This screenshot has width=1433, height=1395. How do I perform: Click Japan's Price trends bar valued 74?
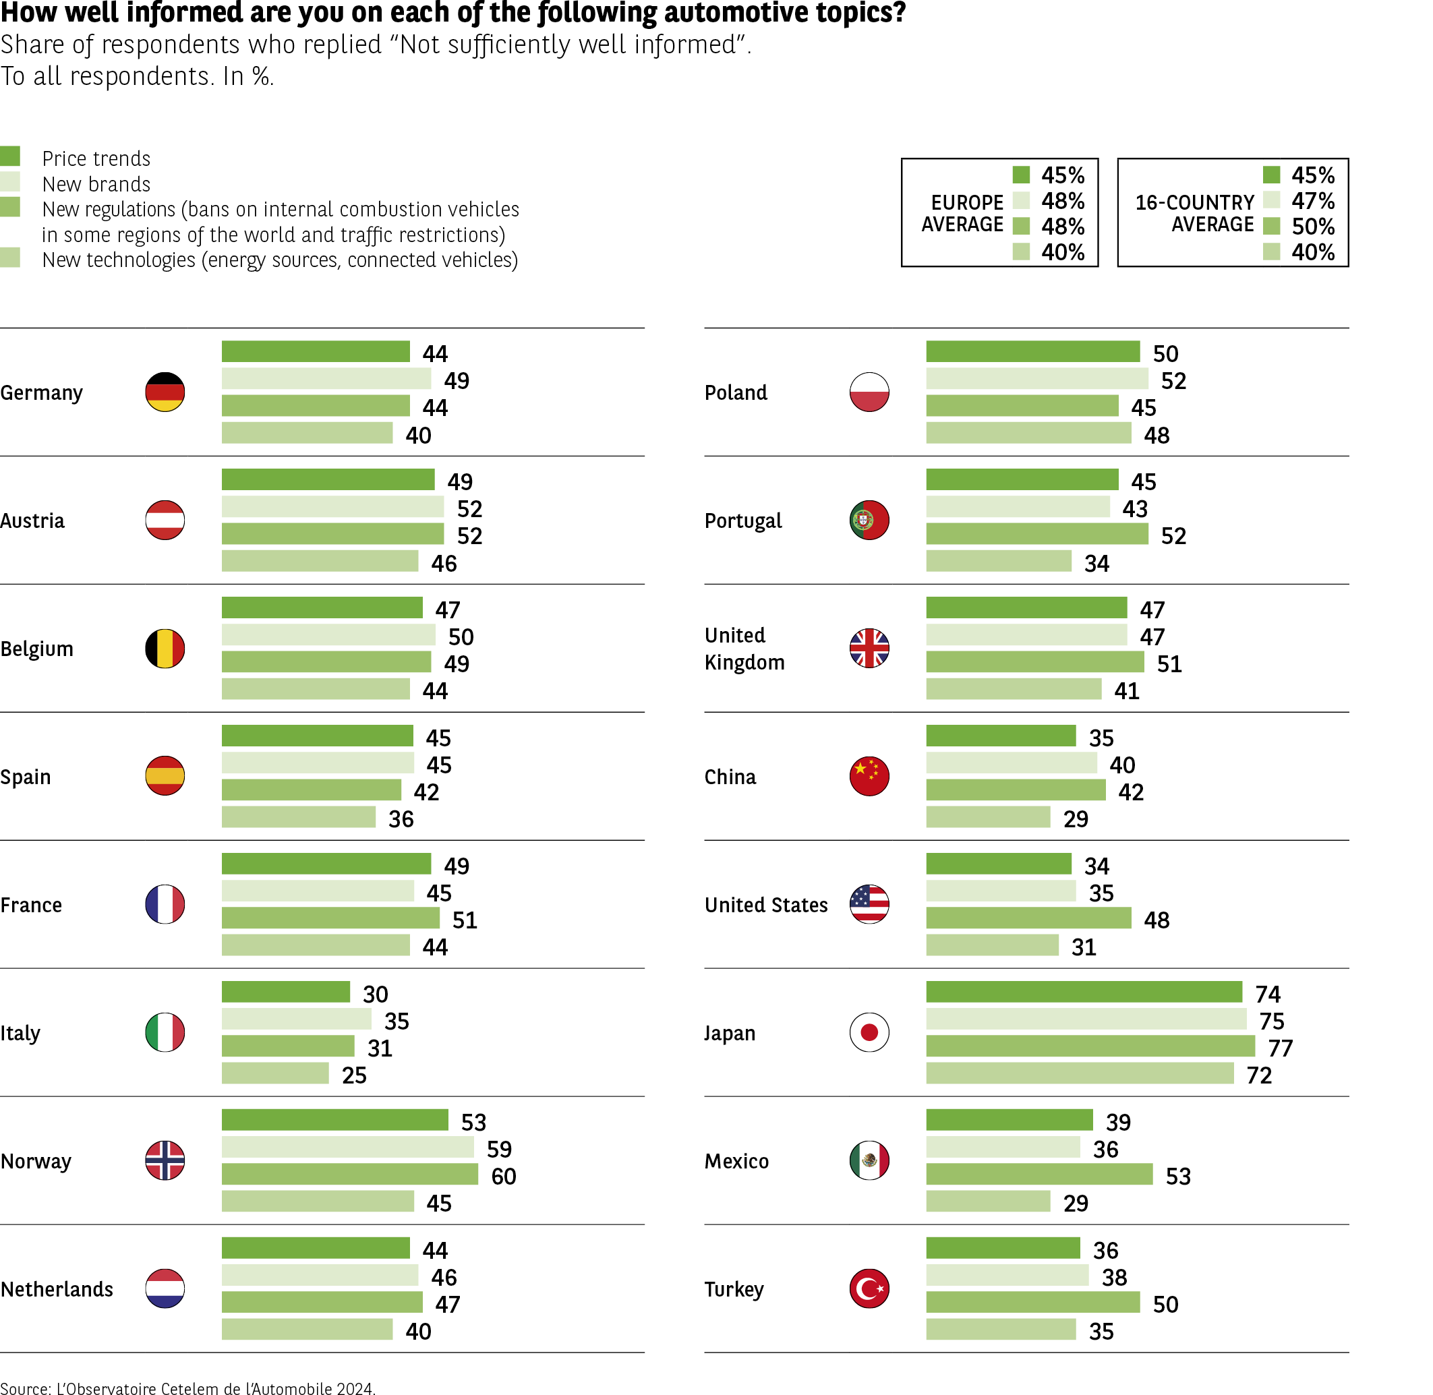point(1084,992)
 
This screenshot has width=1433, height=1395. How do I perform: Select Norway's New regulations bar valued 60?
point(349,1175)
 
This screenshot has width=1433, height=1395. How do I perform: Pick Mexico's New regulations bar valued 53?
point(1039,1175)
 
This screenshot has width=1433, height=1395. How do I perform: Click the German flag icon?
point(165,392)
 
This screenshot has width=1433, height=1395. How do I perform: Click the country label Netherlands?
point(57,1290)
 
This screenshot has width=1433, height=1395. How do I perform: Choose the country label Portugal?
point(743,521)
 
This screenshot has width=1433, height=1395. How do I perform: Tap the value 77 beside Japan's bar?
point(1280,1048)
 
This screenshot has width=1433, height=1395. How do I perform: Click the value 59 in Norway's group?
point(499,1150)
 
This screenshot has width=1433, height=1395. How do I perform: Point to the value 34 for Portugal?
point(1096,564)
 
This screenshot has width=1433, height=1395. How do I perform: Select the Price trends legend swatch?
point(10,156)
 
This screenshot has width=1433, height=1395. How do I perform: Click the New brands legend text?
point(96,184)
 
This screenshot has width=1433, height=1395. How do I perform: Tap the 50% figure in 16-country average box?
point(1313,227)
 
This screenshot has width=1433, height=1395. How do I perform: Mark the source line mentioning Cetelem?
point(187,1387)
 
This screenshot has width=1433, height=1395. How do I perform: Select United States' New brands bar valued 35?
point(1000,891)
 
